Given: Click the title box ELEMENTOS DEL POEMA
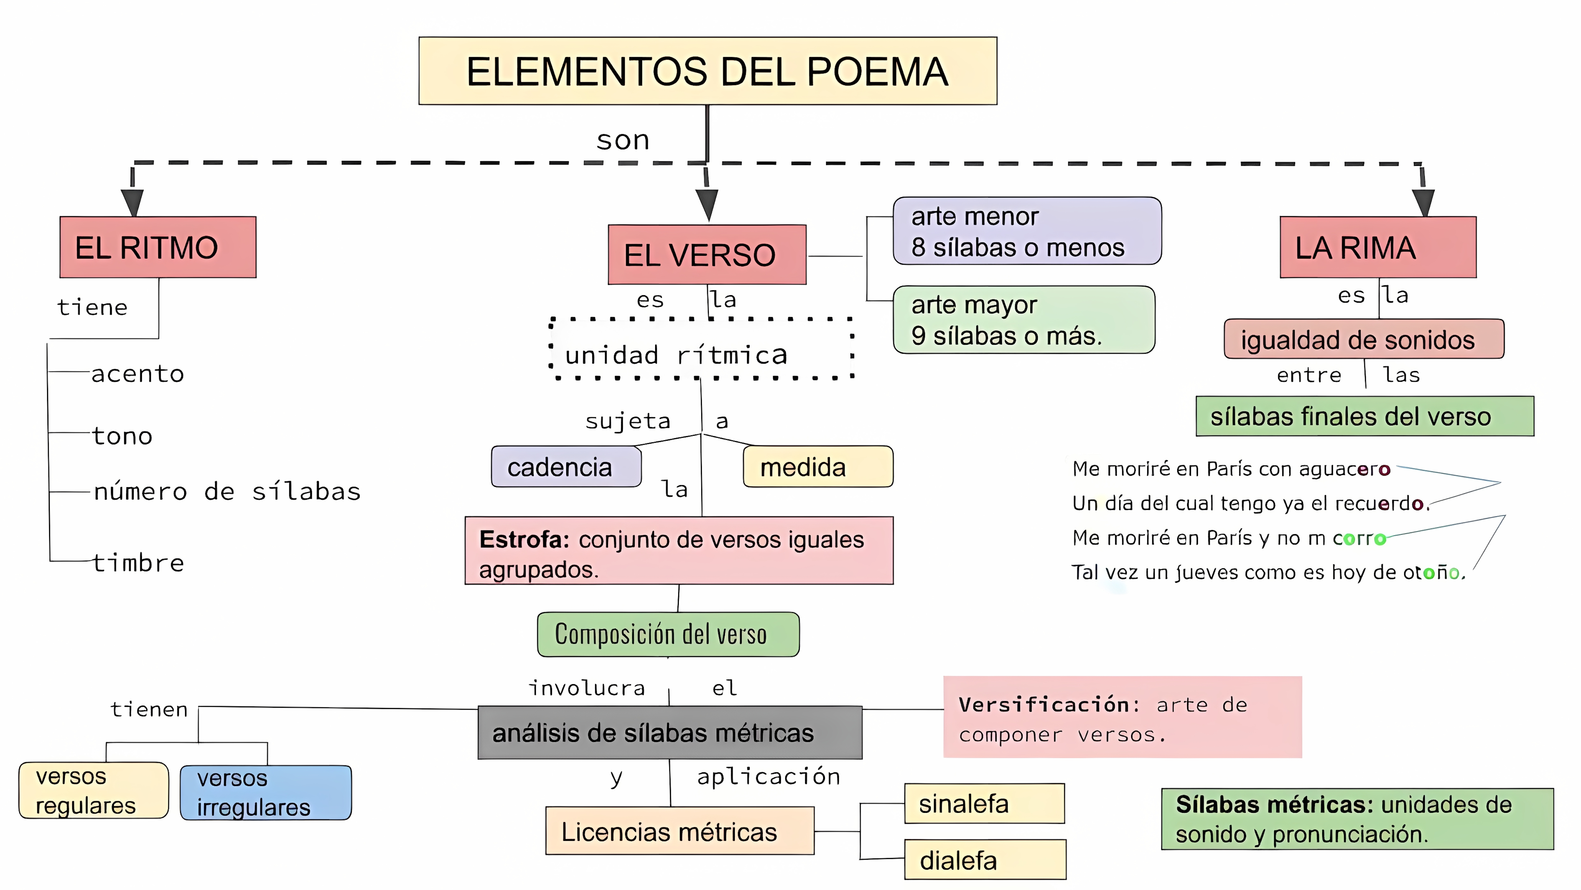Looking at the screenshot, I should pos(707,71).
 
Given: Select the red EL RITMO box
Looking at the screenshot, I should pos(158,247).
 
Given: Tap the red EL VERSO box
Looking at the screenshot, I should pos(707,254).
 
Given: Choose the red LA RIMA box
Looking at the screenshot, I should pos(1378,247).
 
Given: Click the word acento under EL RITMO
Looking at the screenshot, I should pos(137,373).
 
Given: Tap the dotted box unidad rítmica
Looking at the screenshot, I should pos(701,349).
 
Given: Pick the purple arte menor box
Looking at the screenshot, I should pos(1027,231).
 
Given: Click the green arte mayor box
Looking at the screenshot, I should pos(1024,319).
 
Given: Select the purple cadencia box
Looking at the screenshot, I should pos(566,467).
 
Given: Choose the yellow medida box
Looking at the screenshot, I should pos(818,467).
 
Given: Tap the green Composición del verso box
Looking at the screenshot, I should pos(668,634).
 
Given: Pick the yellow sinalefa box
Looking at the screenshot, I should pos(984,803).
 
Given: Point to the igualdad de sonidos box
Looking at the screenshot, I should pos(1363,339).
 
